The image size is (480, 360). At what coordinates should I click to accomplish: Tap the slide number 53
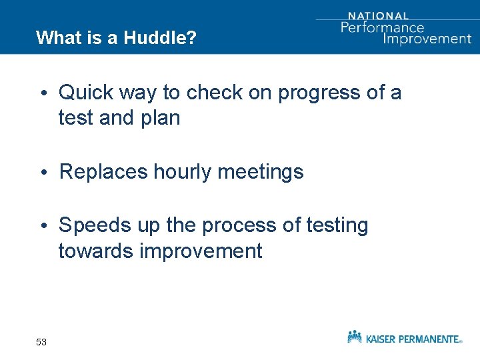click(41, 342)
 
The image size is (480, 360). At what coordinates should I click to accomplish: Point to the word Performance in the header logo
click(382, 27)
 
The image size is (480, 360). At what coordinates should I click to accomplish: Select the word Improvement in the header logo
click(427, 39)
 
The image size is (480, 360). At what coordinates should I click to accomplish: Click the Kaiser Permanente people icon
click(355, 337)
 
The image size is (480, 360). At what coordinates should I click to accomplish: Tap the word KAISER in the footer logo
click(383, 339)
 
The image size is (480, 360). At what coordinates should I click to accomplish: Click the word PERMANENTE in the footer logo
click(429, 339)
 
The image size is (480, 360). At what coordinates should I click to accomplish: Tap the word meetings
click(261, 172)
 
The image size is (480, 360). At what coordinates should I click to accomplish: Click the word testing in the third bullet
click(337, 225)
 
